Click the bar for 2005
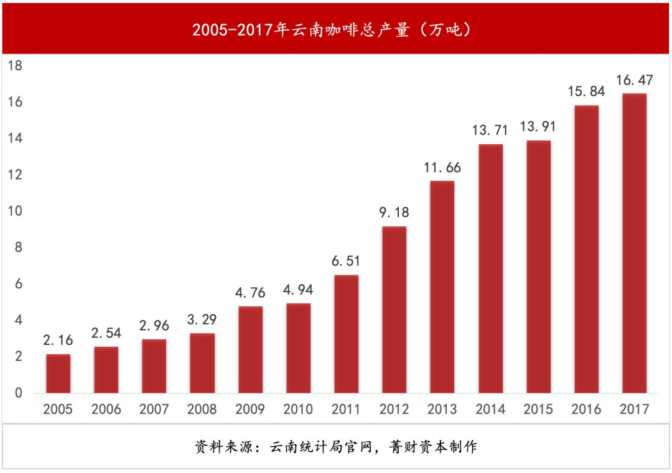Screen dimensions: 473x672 pyautogui.click(x=58, y=374)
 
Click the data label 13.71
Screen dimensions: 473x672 pyautogui.click(x=490, y=131)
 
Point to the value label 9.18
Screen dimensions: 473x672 pyautogui.click(x=394, y=213)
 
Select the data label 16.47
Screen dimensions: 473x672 pyautogui.click(x=633, y=80)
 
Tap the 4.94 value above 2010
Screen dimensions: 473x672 pyautogui.click(x=298, y=290)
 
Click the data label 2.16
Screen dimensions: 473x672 pyautogui.click(x=58, y=340)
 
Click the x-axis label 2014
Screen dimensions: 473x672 pyautogui.click(x=490, y=410)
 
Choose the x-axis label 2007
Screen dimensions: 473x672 pyautogui.click(x=154, y=410)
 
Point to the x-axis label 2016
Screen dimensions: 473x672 pyautogui.click(x=586, y=410)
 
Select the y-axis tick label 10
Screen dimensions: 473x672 pyautogui.click(x=15, y=211)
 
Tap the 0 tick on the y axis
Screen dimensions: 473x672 pyautogui.click(x=19, y=393)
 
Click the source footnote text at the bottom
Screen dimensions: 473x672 pyautogui.click(x=336, y=447)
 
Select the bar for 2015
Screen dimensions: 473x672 pyautogui.click(x=538, y=267)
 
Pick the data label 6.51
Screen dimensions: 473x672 pyautogui.click(x=346, y=261)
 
